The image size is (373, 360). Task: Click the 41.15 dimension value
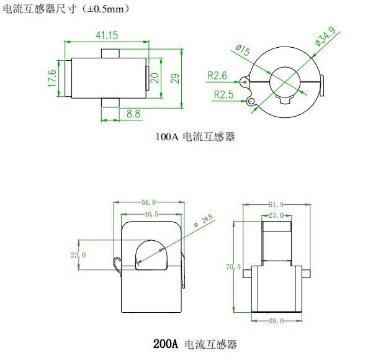click(x=107, y=35)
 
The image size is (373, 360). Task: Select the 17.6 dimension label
click(x=52, y=79)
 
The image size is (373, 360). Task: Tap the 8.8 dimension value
click(x=133, y=114)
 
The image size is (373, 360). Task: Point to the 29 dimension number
click(x=175, y=78)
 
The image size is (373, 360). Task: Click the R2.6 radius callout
click(x=218, y=76)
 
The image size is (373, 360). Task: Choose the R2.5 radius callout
click(x=223, y=95)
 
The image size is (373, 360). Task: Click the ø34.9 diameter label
click(x=325, y=40)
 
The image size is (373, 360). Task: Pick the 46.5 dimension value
click(x=151, y=214)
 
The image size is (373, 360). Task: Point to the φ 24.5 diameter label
click(x=204, y=220)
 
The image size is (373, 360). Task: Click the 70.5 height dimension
click(x=233, y=267)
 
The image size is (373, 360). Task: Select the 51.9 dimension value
click(x=276, y=204)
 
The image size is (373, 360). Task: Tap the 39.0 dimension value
click(x=276, y=320)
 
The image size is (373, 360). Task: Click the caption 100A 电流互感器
click(x=195, y=137)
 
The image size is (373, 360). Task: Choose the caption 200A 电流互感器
click(x=195, y=344)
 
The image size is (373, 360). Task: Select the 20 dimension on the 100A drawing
click(x=155, y=78)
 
